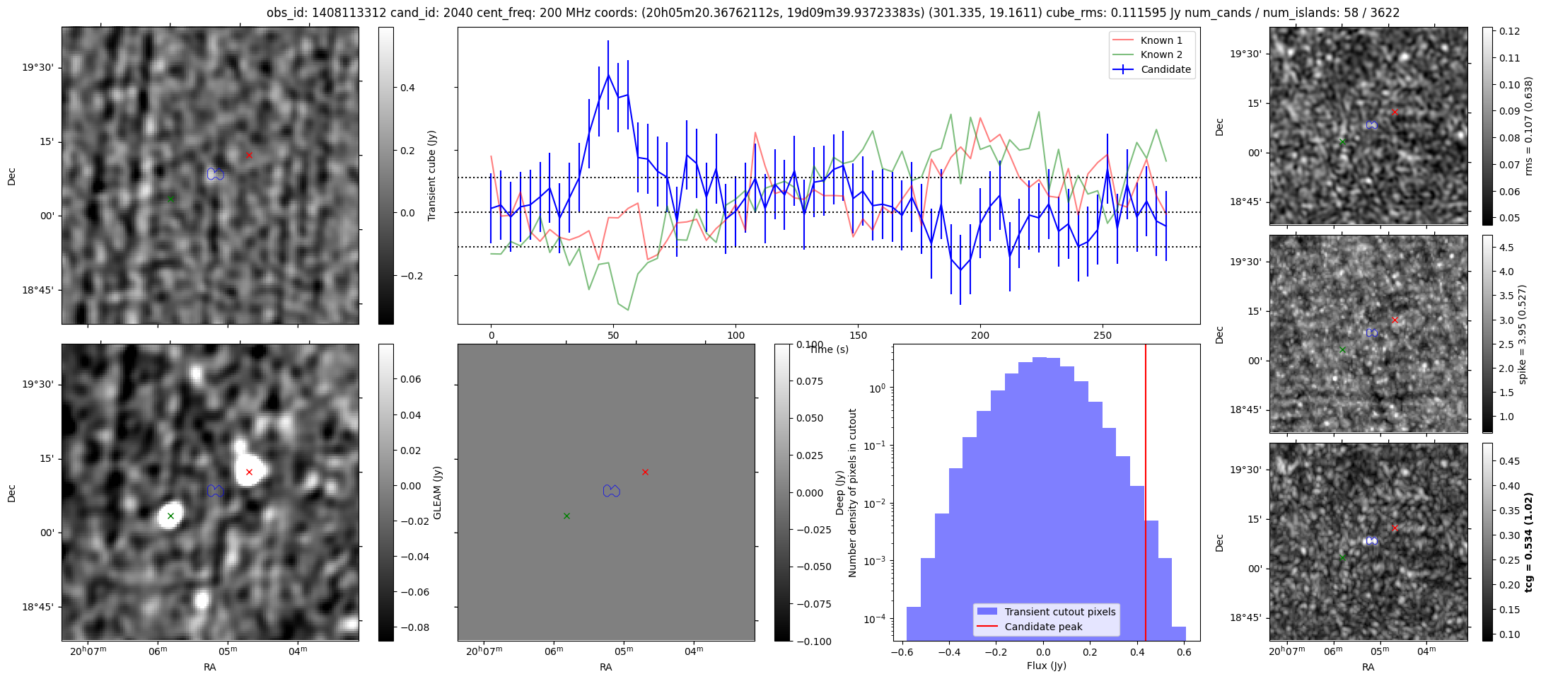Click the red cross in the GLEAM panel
tap(249, 472)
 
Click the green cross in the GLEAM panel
tap(170, 516)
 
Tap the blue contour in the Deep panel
tap(612, 490)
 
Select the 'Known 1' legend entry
tap(1161, 40)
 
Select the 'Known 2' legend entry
tap(1161, 54)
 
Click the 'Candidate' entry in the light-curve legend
tap(1165, 69)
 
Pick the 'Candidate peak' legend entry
tap(1043, 627)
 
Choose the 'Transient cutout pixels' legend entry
tap(1059, 612)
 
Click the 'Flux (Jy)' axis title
tap(1046, 666)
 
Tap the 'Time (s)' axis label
tap(829, 349)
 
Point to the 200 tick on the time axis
tap(980, 335)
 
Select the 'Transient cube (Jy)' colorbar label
tap(431, 175)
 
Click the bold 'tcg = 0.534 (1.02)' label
tap(1528, 542)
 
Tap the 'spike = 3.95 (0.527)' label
tap(1523, 335)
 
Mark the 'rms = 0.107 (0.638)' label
tap(1528, 126)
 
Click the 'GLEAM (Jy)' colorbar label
tap(437, 492)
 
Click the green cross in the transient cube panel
tap(170, 199)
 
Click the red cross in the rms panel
tap(1395, 112)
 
